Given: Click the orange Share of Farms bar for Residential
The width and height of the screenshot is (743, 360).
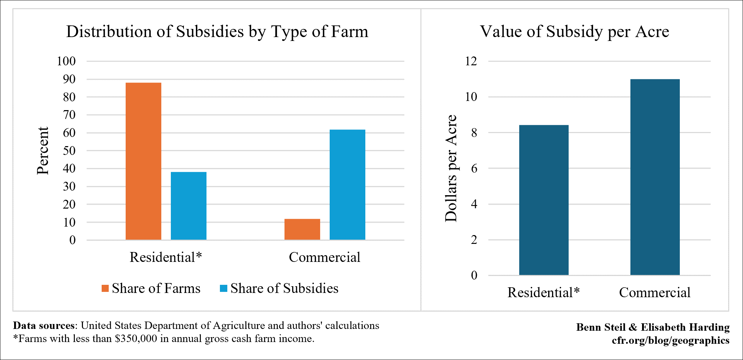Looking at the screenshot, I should (x=143, y=161).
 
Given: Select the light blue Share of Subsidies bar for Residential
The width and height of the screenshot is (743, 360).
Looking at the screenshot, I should (x=188, y=206).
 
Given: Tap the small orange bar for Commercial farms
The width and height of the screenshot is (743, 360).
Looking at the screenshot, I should (x=302, y=229).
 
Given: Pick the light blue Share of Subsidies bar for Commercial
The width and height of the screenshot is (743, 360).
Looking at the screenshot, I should (x=347, y=185).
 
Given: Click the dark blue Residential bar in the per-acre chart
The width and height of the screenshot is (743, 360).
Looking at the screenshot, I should (x=544, y=200).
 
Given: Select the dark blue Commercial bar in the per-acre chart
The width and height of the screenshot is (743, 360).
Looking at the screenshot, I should (x=655, y=177).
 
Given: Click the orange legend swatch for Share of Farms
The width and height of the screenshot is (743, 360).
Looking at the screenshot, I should (x=105, y=288).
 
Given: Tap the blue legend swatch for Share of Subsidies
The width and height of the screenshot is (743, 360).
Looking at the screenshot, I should (x=223, y=288).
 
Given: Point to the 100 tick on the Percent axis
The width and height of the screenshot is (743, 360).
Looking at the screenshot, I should (x=66, y=61).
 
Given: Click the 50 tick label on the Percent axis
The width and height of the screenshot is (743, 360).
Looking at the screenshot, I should (x=69, y=151).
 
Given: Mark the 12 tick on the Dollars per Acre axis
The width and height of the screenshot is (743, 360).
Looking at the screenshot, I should (x=471, y=61).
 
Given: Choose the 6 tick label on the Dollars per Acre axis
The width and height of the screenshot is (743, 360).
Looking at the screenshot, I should (x=474, y=168).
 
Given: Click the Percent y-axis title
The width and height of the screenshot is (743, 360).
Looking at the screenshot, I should (x=43, y=151).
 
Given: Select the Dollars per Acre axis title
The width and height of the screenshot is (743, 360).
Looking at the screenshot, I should (x=451, y=168).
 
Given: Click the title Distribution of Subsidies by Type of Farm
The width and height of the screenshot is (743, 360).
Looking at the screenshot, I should (x=217, y=32).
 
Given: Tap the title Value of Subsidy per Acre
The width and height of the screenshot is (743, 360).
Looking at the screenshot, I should (x=574, y=32).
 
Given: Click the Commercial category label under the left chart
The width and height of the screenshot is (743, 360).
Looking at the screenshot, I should (x=324, y=257).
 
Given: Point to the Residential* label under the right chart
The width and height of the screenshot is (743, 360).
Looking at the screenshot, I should (x=544, y=293).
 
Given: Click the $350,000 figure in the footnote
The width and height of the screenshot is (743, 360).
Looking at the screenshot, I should (x=136, y=339).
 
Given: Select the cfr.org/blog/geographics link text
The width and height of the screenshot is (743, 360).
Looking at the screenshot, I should (x=671, y=340).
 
